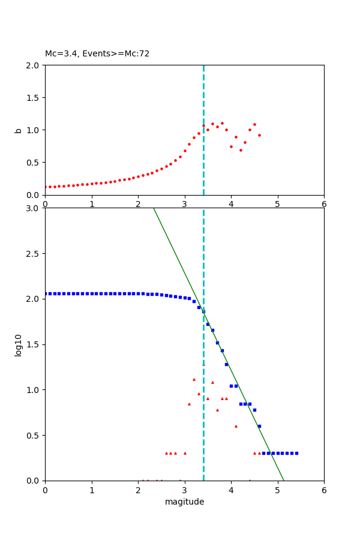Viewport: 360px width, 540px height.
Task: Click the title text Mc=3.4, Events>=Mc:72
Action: coord(97,54)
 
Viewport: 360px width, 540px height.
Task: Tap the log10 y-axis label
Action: coord(19,345)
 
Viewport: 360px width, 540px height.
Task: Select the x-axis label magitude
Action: coord(184,502)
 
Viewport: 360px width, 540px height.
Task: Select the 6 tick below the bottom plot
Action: coord(324,490)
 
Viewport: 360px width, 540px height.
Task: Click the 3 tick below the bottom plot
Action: coord(185,490)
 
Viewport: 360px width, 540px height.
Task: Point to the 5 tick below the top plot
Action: coord(278,204)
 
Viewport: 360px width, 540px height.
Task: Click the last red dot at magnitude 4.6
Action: coord(259,135)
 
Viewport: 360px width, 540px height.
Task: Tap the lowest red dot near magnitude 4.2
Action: coord(241,150)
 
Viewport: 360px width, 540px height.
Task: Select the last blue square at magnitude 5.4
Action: coord(296,453)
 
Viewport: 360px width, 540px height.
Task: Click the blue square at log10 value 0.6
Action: coord(259,426)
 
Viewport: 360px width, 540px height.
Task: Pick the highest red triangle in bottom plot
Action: coord(194,379)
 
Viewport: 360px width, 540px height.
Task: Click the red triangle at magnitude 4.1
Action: coord(236,426)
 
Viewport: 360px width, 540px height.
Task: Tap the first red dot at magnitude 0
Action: coord(45,187)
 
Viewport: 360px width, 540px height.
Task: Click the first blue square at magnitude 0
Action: coord(45,293)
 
